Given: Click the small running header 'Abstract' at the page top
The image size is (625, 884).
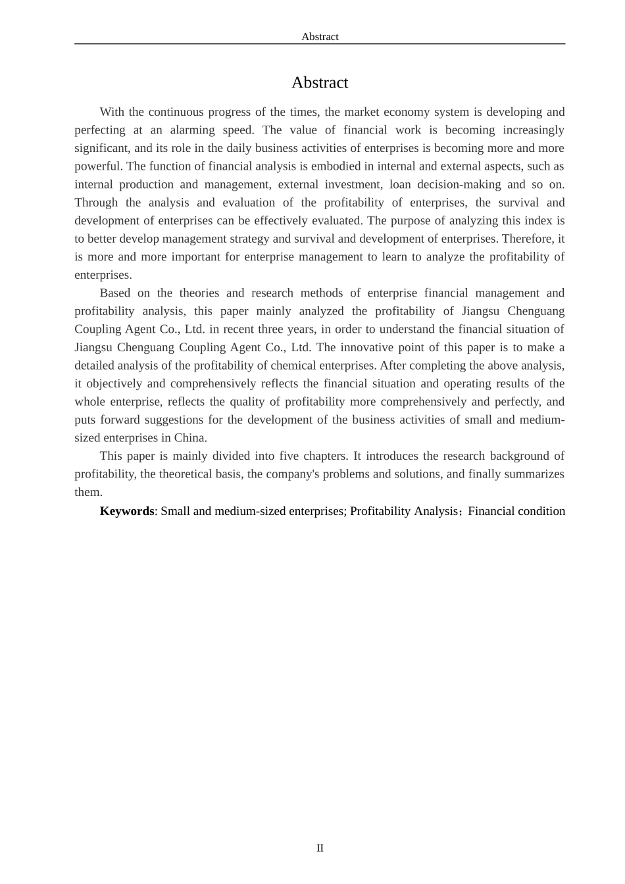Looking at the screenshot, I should pos(320,37).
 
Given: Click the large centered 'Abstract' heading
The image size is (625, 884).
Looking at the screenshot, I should pos(320,83).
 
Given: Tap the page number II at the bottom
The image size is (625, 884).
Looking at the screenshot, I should pos(320,848).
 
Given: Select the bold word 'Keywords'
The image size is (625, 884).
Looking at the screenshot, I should pos(126,511).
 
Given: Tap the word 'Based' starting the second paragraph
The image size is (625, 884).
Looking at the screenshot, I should pos(114,293).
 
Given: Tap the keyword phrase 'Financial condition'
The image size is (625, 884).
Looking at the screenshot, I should pos(516,511).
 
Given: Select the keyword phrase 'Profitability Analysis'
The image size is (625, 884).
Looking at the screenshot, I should pos(403,511).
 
